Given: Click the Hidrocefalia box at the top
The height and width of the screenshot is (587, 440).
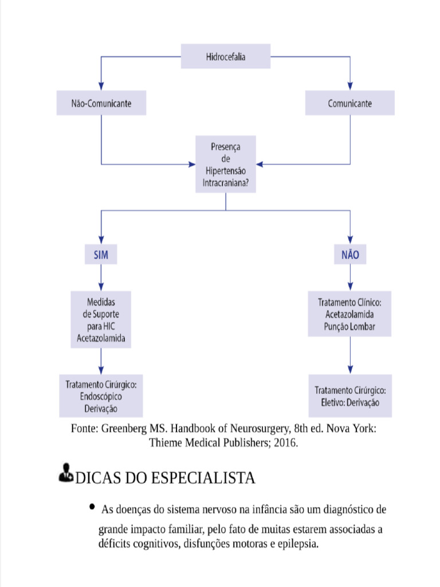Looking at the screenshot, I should [226, 57].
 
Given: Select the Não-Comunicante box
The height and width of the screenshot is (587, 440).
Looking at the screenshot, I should [101, 104].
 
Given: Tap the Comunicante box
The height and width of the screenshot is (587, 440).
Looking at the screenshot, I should [349, 104].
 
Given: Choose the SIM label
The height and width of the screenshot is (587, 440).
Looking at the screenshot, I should [101, 255].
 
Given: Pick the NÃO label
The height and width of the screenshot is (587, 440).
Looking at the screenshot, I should [350, 255].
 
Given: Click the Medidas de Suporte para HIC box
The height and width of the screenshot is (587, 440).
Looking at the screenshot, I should [101, 320].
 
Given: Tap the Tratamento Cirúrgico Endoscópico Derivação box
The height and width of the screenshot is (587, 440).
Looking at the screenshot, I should [101, 396].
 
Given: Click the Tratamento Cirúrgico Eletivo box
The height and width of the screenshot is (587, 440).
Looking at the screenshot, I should [349, 396].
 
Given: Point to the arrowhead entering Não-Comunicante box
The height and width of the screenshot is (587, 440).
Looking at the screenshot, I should [101, 87].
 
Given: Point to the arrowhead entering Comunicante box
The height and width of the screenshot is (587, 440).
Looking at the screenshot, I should [350, 87].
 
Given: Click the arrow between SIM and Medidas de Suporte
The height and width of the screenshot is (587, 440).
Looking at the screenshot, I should [101, 277].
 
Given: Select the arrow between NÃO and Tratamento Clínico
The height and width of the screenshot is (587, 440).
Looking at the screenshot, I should [350, 277].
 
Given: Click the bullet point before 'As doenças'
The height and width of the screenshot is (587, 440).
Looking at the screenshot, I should [92, 507].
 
